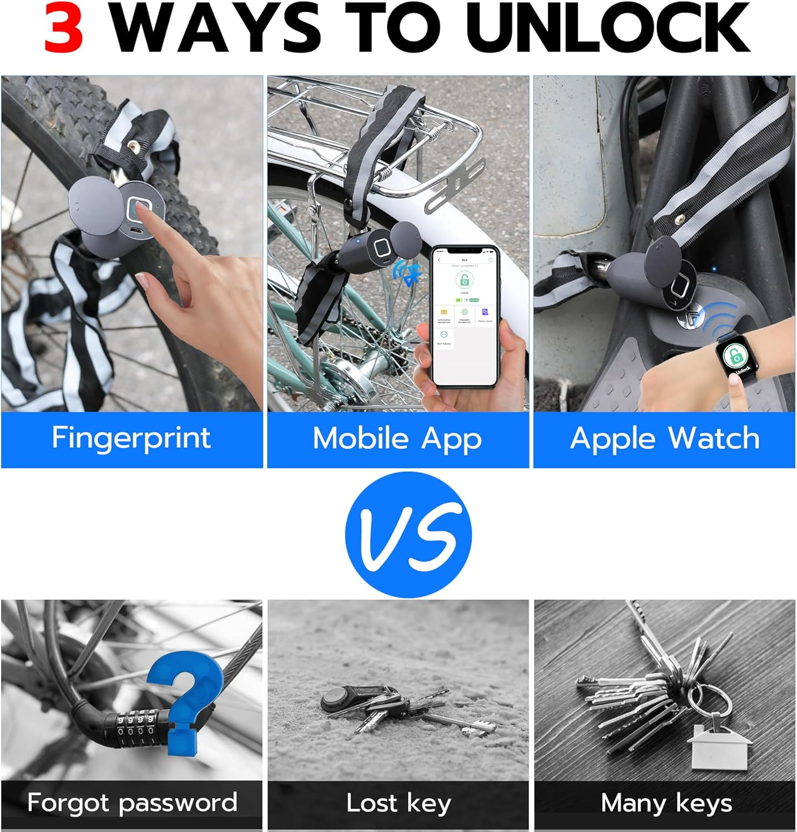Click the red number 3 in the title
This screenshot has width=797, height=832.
point(64,28)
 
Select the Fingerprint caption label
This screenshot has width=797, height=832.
point(132,438)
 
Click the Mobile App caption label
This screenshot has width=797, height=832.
point(397,439)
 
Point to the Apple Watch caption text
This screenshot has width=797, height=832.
point(664,439)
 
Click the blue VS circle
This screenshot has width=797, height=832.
point(408,534)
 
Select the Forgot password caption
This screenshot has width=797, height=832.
point(132,803)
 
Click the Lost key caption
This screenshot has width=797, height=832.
point(398,803)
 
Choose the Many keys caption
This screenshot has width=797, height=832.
point(666,803)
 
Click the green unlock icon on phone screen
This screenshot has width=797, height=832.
point(464,280)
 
